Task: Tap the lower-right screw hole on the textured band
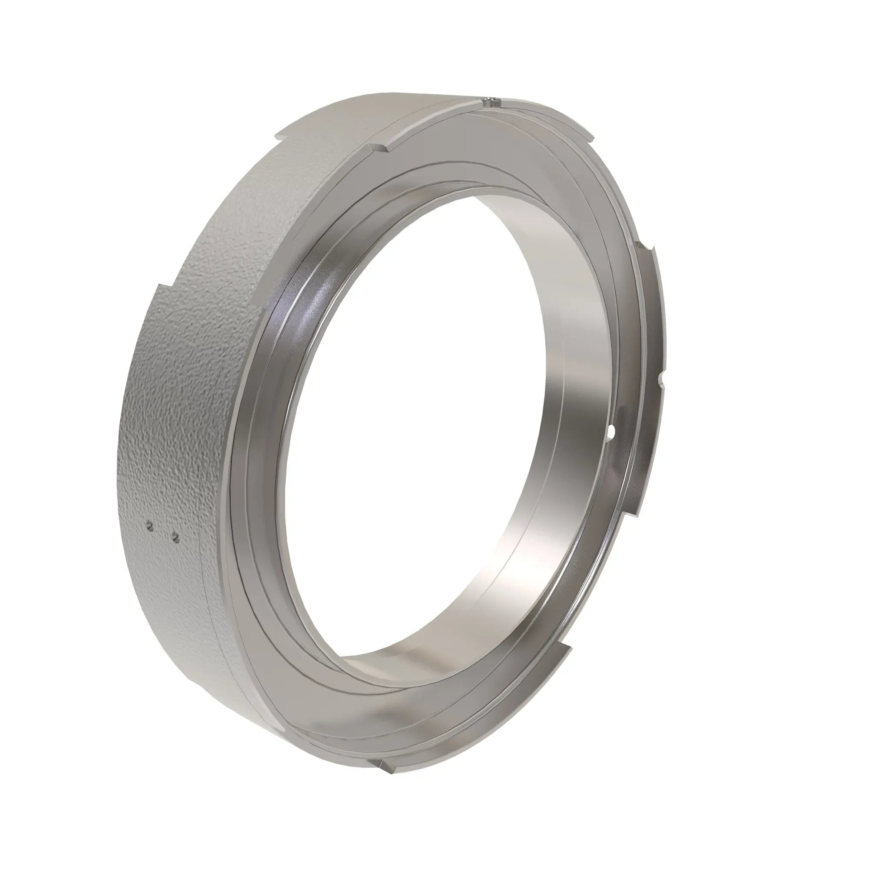click(x=176, y=535)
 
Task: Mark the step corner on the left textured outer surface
click(x=158, y=286)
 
